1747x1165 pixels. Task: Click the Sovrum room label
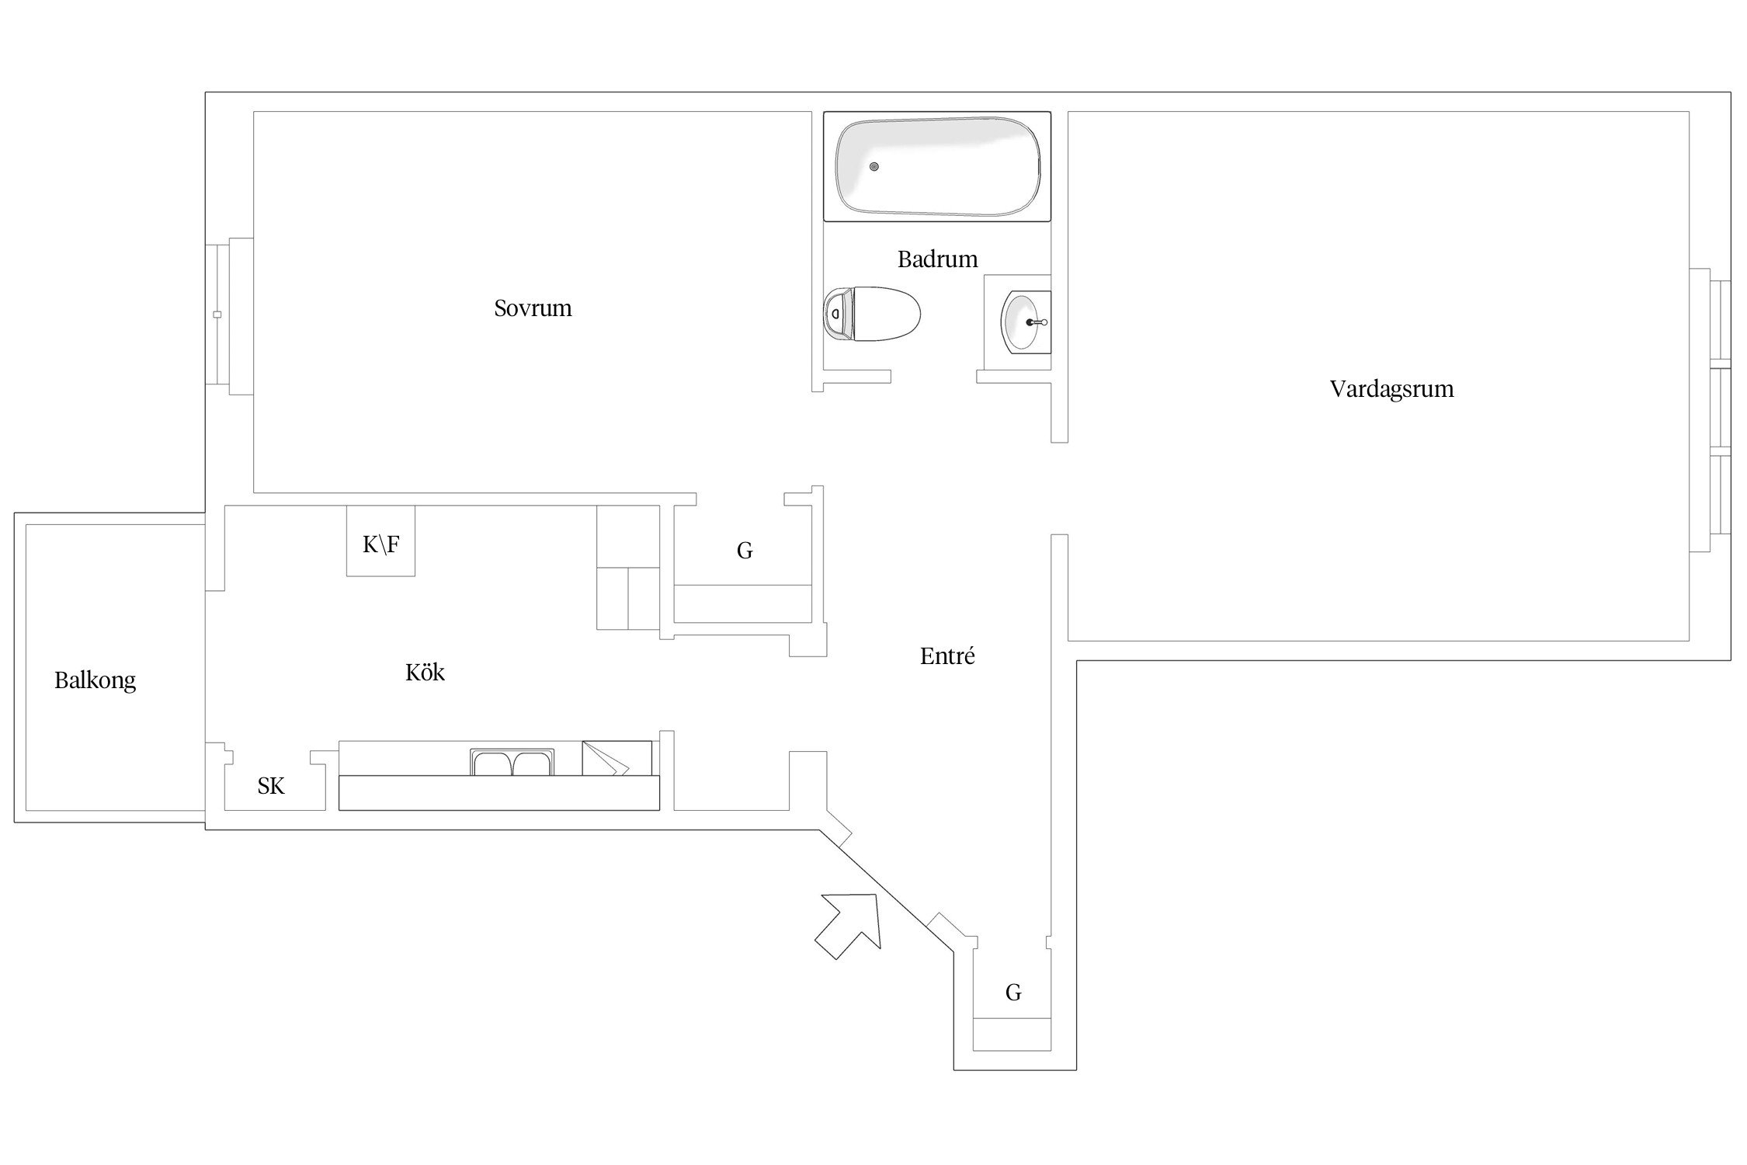point(533,308)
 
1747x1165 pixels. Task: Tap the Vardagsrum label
point(1391,389)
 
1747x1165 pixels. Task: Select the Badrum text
point(937,259)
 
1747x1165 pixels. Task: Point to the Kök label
point(425,672)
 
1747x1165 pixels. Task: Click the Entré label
point(947,656)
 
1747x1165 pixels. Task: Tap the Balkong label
point(95,681)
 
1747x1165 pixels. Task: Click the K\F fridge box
point(380,541)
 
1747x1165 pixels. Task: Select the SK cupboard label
point(271,786)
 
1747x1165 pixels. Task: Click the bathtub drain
point(874,166)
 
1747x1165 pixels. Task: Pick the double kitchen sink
point(512,762)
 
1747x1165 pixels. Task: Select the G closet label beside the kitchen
point(745,551)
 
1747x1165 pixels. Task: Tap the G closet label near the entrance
point(1013,992)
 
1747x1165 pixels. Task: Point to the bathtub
point(937,166)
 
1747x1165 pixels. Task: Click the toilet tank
point(838,314)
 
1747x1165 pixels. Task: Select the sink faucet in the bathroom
point(1037,322)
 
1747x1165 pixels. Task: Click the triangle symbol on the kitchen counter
point(606,759)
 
